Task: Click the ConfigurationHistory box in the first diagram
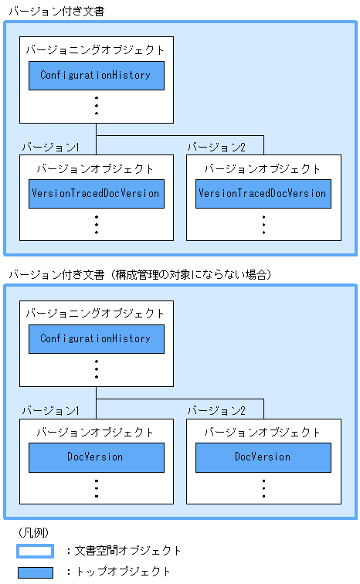tap(96, 75)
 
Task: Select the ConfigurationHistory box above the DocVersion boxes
tap(96, 338)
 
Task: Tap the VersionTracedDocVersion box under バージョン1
tap(96, 193)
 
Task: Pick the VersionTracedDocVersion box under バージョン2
tap(263, 193)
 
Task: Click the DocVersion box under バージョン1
tap(96, 457)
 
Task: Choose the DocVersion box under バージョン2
tap(263, 457)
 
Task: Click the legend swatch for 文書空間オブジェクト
tap(35, 551)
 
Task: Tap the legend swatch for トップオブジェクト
tap(35, 572)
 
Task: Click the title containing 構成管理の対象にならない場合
tap(140, 274)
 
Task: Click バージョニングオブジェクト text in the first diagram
tap(95, 50)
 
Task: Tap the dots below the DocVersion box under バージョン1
tap(97, 488)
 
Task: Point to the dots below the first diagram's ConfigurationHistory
tap(97, 105)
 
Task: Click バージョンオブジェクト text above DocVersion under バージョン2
tap(263, 433)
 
